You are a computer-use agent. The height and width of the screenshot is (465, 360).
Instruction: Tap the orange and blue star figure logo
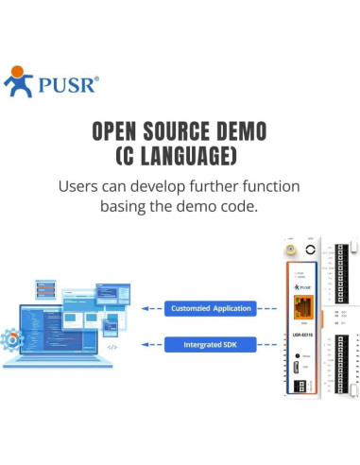(x=20, y=81)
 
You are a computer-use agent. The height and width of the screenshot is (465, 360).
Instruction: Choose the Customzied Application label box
(x=211, y=308)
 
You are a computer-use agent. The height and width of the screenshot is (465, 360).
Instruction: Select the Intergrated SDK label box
(x=210, y=345)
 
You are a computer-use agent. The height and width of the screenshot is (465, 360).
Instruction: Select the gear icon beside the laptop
(x=12, y=338)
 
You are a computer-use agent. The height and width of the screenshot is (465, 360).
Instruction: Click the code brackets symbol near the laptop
(x=111, y=347)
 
